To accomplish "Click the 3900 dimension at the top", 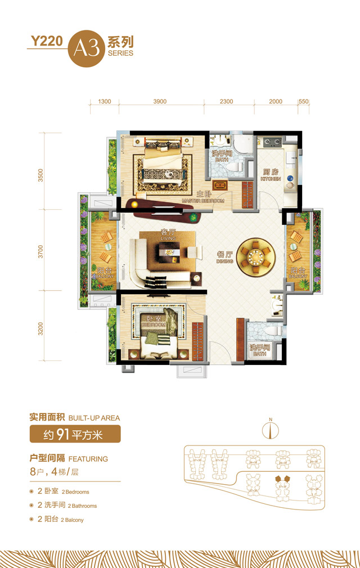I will [160, 101].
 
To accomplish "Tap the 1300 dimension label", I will [104, 101].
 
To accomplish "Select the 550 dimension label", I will [304, 101].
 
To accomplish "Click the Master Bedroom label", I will [203, 197].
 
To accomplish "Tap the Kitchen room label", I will [271, 175].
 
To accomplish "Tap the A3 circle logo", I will [85, 47].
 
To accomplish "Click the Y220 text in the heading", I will [47, 41].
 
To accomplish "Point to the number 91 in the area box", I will [71, 434].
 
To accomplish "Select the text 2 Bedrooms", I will [62, 492].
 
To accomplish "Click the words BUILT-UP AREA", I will [94, 418].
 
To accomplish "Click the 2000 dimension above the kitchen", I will [276, 101].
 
